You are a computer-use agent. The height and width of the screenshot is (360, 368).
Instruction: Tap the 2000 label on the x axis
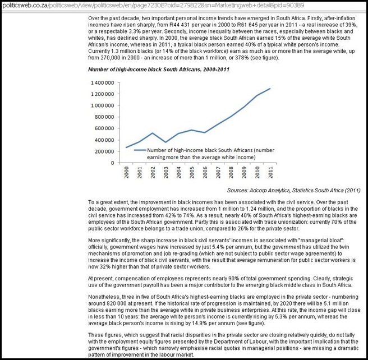pos(128,173)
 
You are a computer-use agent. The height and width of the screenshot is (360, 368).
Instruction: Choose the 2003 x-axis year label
pos(166,173)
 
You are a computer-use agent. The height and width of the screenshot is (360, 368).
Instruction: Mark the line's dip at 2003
pos(166,142)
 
